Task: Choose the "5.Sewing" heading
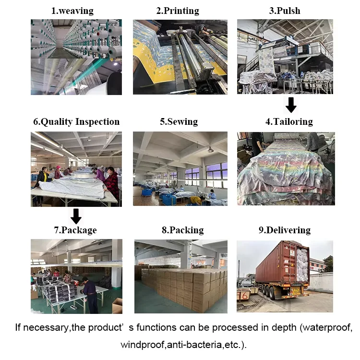coord(179,122)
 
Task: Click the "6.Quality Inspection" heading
coord(76,122)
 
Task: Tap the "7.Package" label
coord(76,230)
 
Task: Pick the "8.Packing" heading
coord(182,230)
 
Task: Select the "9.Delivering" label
coord(285,230)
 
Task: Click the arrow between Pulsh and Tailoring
coord(290,105)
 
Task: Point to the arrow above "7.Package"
coord(76,216)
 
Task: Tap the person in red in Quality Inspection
coord(112,182)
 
